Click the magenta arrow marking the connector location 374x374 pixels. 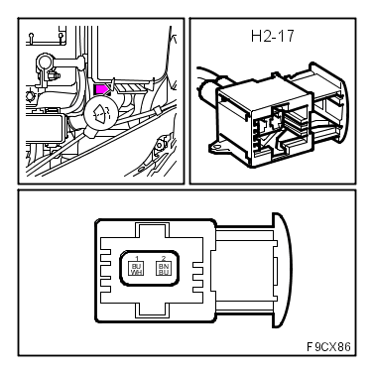[x=101, y=89]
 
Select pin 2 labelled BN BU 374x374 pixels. [x=164, y=268]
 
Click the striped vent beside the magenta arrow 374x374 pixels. [x=126, y=89]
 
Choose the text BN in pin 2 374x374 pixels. [x=164, y=266]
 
